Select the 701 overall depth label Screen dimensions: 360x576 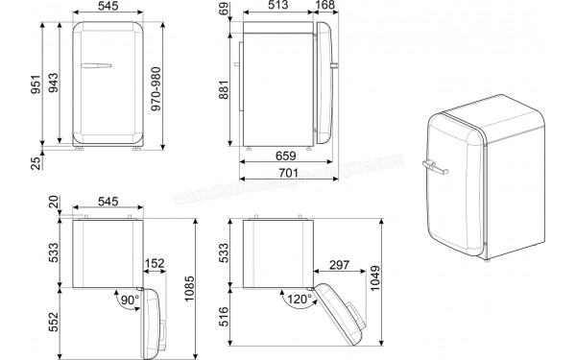(x=285, y=173)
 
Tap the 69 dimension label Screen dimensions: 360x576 (x=223, y=11)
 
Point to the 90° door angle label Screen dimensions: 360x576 (x=129, y=300)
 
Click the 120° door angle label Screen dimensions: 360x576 (x=299, y=300)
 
